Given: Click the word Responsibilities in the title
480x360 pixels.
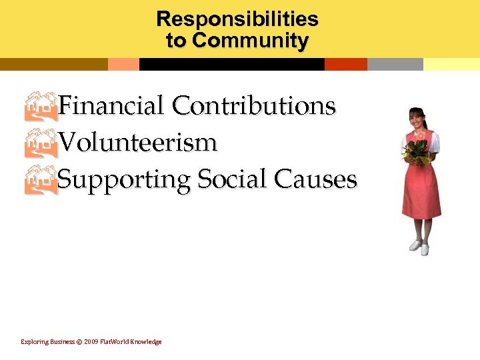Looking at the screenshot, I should pyautogui.click(x=237, y=19).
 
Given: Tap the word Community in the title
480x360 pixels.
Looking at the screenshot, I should pyautogui.click(x=250, y=41).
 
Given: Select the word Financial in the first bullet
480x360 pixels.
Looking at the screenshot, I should pyautogui.click(x=111, y=105).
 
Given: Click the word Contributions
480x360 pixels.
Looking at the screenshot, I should pyautogui.click(x=253, y=105).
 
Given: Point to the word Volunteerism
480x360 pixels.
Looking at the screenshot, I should pyautogui.click(x=137, y=142).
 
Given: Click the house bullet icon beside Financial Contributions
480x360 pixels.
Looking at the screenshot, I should pyautogui.click(x=41, y=106).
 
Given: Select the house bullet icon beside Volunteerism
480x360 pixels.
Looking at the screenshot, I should pyautogui.click(x=41, y=143).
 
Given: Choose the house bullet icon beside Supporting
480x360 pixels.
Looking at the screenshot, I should pyautogui.click(x=41, y=180).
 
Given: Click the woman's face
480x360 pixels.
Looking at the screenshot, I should pyautogui.click(x=417, y=120).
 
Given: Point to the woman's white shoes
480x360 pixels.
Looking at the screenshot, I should pyautogui.click(x=419, y=247).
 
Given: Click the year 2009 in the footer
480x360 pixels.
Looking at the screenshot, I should pyautogui.click(x=91, y=342).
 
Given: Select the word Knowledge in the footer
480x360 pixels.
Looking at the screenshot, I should pyautogui.click(x=146, y=342).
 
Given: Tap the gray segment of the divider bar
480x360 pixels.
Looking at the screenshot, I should pyautogui.click(x=395, y=65).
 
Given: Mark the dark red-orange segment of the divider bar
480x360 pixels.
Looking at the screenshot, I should pyautogui.click(x=345, y=65).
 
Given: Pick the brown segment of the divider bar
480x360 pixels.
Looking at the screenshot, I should pyautogui.click(x=53, y=65).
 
